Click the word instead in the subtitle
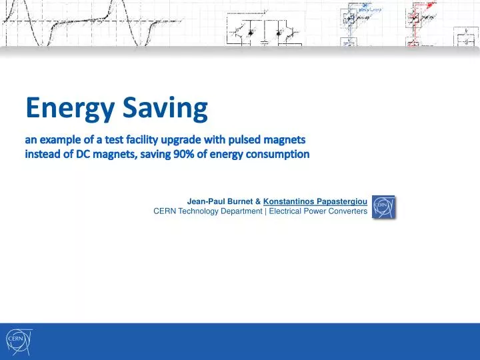[44, 155]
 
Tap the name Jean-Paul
[205, 201]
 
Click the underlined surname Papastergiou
[341, 201]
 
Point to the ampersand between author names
[258, 201]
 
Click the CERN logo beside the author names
[383, 207]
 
